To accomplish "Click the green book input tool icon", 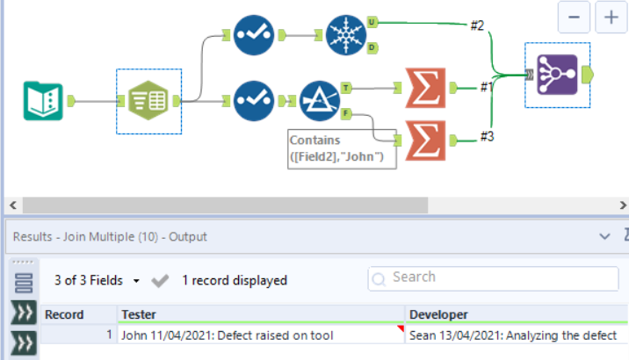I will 44,100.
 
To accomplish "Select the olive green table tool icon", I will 148,101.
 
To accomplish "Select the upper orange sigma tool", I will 426,87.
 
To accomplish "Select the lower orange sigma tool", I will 426,139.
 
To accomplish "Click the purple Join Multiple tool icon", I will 556,76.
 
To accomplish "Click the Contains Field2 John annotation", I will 342,148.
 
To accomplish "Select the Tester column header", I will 261,313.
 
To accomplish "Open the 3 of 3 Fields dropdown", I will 97,281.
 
